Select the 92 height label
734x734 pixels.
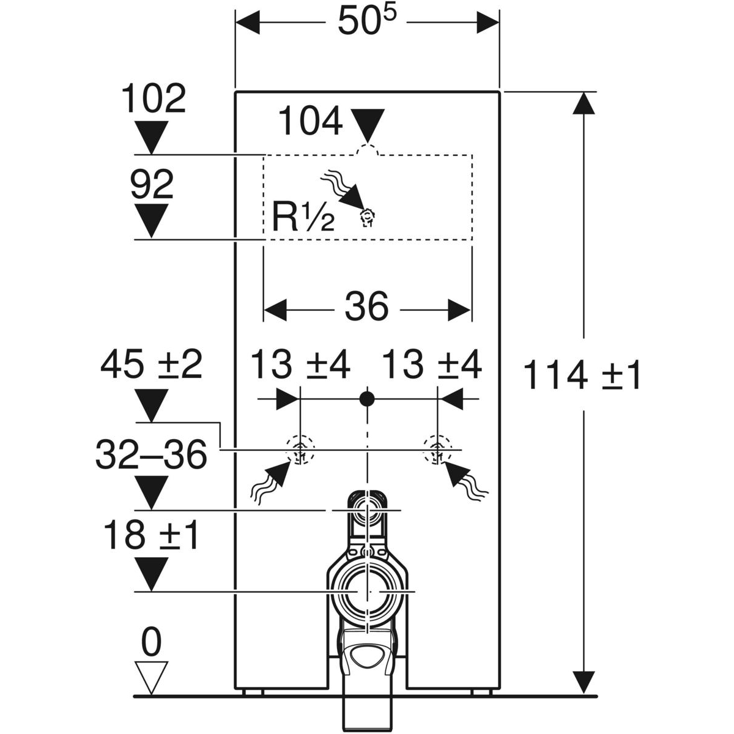(x=152, y=184)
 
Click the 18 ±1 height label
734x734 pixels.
(x=151, y=535)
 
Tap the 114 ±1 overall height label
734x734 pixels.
(x=582, y=375)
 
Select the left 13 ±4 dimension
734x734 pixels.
(x=301, y=366)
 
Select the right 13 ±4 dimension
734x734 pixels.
(x=432, y=366)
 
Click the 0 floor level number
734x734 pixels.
(x=150, y=643)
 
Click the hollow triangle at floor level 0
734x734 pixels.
(x=150, y=676)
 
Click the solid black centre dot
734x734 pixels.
(x=367, y=399)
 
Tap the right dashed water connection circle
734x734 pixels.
(x=437, y=450)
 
